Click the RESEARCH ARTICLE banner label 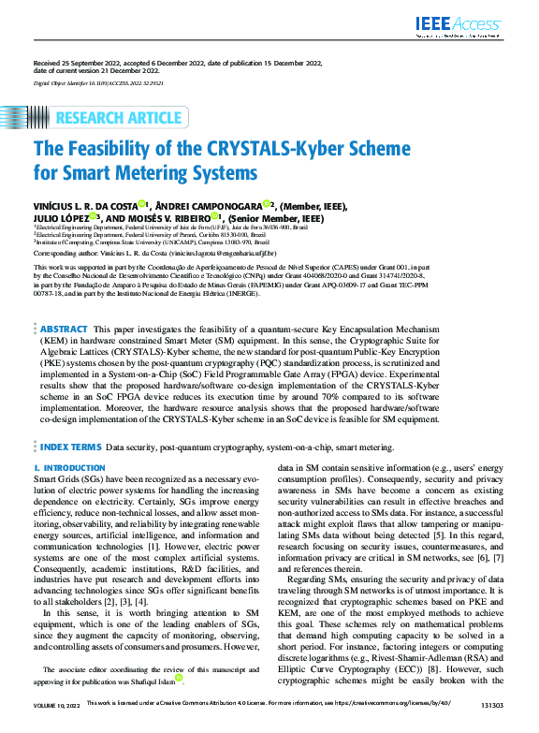[x=118, y=118]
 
